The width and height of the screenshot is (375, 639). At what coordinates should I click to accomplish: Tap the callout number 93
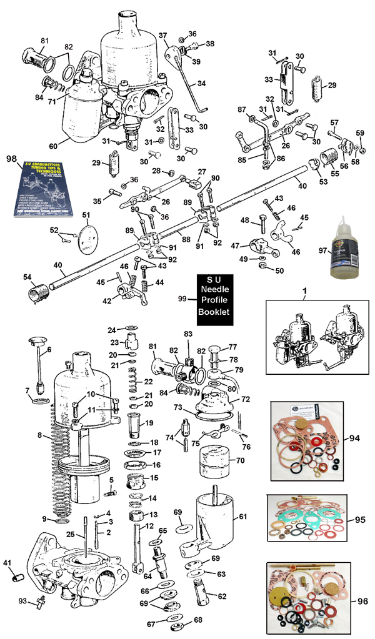point(22,601)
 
